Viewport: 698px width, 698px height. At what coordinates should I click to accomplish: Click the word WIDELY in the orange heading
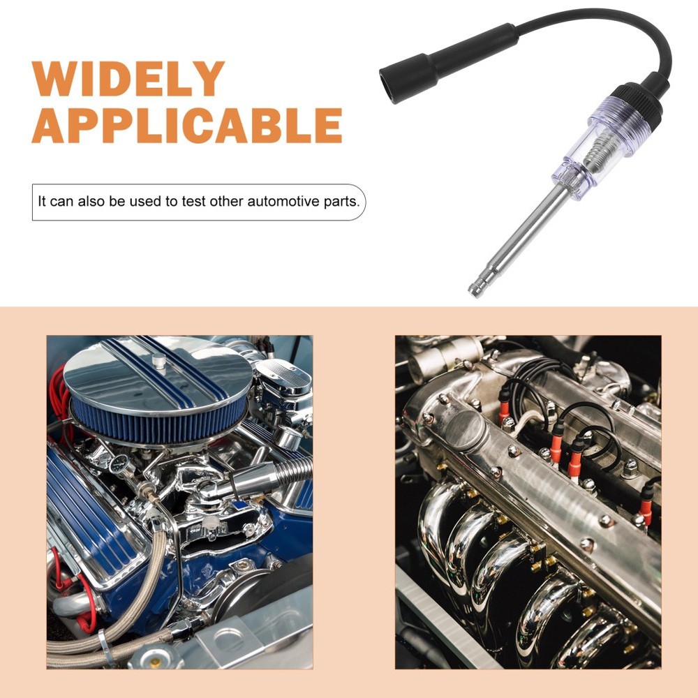(128, 79)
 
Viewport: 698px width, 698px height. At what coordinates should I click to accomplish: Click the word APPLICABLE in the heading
(187, 126)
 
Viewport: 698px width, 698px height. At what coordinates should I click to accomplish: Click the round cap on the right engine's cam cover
(465, 429)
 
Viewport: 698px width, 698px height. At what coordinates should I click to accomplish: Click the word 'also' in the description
(93, 202)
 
